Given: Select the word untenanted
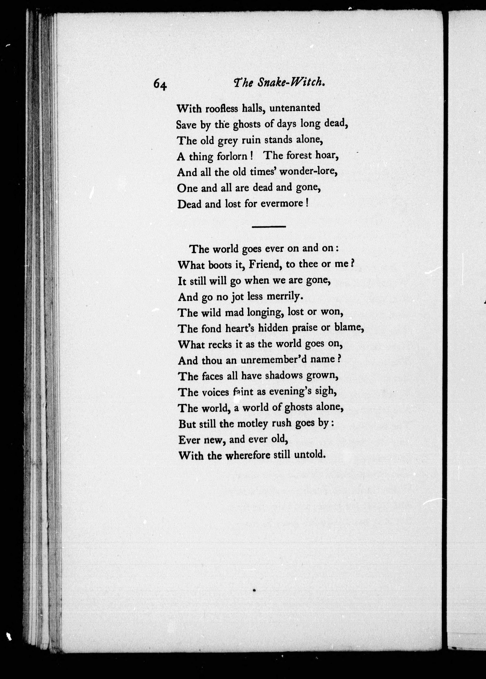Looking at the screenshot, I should tap(295, 107).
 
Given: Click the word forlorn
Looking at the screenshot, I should tap(232, 156).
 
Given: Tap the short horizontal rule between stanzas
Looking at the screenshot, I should tap(269, 227).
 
